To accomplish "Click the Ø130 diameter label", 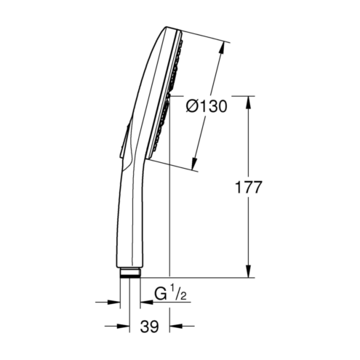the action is pyautogui.click(x=207, y=106).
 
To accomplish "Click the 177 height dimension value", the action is pyautogui.click(x=249, y=187).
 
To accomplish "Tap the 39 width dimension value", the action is pyautogui.click(x=149, y=327).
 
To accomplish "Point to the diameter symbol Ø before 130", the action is pyautogui.click(x=192, y=106).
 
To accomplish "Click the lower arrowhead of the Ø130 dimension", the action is pyautogui.click(x=194, y=164).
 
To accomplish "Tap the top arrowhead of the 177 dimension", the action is pyautogui.click(x=248, y=103).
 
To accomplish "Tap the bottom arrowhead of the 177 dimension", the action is pyautogui.click(x=248, y=271).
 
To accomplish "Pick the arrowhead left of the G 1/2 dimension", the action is pyautogui.click(x=114, y=302).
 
